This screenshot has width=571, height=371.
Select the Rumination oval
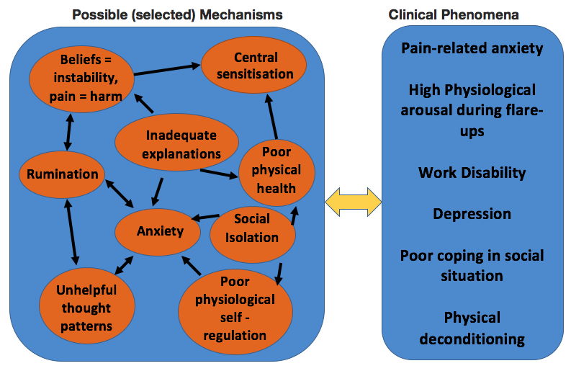click(x=63, y=174)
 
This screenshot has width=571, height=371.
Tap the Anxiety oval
click(x=160, y=231)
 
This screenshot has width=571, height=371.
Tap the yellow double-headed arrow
click(x=353, y=201)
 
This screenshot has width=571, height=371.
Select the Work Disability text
click(x=472, y=173)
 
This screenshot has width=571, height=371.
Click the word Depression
click(x=472, y=215)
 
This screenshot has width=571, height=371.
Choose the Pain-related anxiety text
click(x=472, y=49)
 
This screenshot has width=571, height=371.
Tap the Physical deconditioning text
click(x=472, y=328)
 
